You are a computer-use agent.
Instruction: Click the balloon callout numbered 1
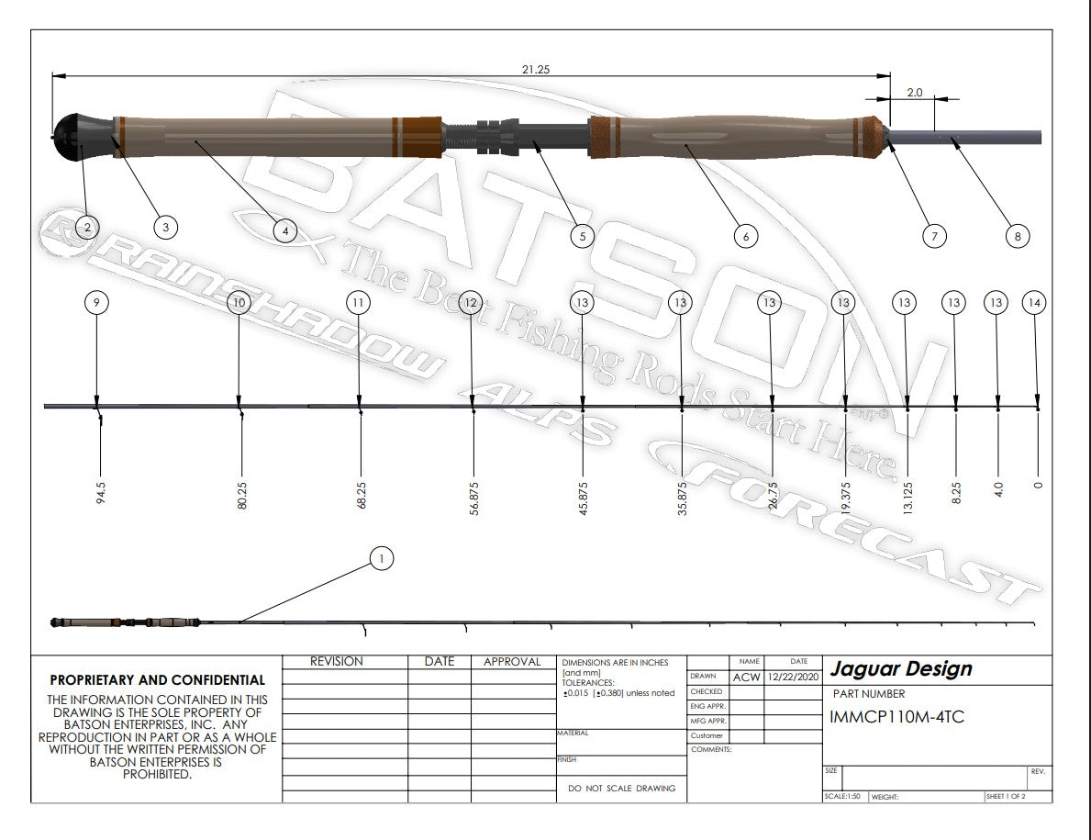tap(382, 557)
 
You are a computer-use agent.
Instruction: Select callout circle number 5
tap(582, 236)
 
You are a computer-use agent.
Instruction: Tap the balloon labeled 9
tap(96, 302)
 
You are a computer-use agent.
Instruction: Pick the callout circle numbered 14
tap(1035, 302)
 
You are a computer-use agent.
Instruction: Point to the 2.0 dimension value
tap(914, 93)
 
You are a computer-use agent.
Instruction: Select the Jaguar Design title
tap(899, 669)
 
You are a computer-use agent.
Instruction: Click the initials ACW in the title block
tap(746, 677)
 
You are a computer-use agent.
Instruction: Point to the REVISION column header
tap(336, 662)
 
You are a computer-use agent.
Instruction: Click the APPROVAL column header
tap(511, 662)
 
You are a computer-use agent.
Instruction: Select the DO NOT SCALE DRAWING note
tap(621, 788)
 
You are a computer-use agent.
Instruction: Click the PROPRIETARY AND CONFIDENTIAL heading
tap(157, 680)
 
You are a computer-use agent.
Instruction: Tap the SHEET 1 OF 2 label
tap(1006, 797)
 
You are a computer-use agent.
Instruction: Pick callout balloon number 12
tap(471, 302)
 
